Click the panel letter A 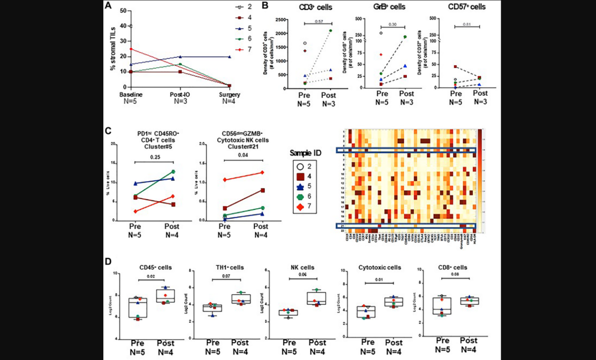(x=108, y=5)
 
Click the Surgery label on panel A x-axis (x=231, y=94)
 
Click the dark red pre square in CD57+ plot (x=455, y=67)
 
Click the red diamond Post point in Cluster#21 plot (x=262, y=173)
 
